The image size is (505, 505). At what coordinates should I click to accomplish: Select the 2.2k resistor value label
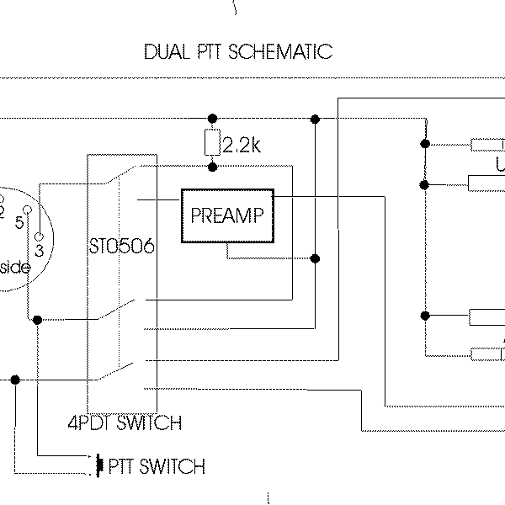(x=243, y=146)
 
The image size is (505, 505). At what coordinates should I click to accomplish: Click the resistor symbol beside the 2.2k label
(x=212, y=144)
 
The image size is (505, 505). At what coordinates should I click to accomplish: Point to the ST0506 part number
(x=121, y=246)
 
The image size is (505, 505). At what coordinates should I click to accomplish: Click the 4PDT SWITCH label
(x=124, y=423)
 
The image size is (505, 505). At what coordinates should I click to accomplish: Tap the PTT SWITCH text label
(x=159, y=465)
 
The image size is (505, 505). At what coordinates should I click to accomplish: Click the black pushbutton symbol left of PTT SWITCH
(x=100, y=465)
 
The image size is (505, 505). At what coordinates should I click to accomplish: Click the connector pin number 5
(x=18, y=222)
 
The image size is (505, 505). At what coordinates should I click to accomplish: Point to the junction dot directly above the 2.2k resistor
(x=212, y=117)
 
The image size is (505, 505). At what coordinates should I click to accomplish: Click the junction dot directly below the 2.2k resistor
(x=212, y=167)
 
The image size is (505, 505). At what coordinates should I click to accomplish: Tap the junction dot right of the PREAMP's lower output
(x=315, y=258)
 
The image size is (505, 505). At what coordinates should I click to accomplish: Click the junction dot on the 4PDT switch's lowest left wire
(x=15, y=380)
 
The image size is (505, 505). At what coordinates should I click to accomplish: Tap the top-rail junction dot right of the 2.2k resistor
(x=315, y=117)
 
